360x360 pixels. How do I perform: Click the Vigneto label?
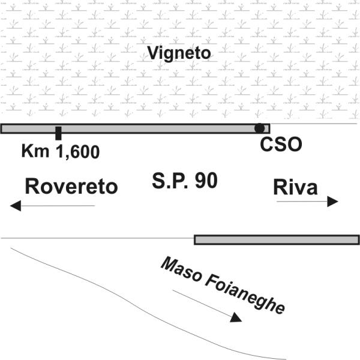[180, 53]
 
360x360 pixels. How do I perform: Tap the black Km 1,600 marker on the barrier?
[58, 133]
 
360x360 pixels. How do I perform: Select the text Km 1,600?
[60, 151]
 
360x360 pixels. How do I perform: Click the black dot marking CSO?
[259, 128]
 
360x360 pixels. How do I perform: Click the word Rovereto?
[71, 187]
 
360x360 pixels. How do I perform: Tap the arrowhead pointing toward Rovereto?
[16, 206]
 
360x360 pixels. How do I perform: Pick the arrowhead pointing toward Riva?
[332, 202]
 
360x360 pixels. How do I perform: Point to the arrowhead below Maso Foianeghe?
[235, 317]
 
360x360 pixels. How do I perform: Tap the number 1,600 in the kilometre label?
[77, 151]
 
